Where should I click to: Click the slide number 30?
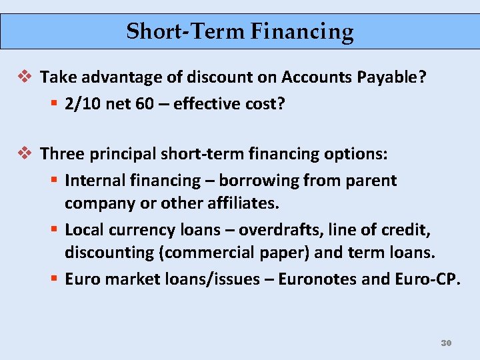click(x=446, y=343)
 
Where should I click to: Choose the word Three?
click(x=59, y=154)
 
